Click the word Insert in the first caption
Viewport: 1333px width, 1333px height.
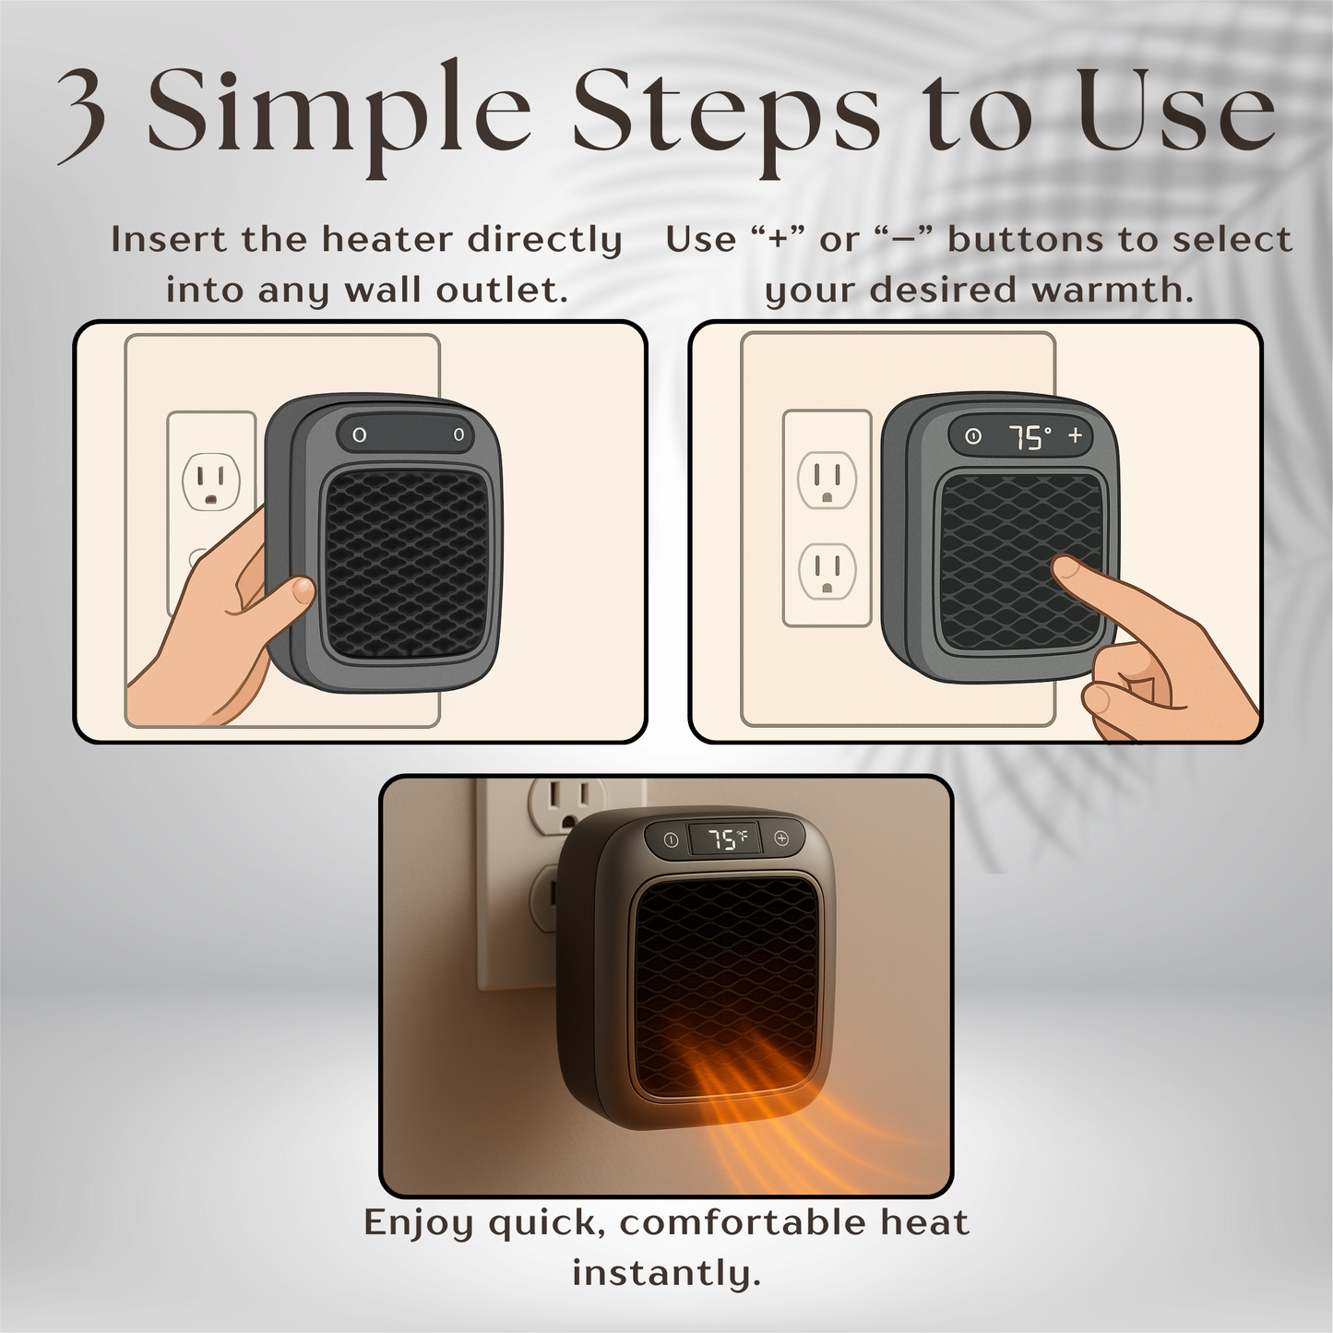(170, 240)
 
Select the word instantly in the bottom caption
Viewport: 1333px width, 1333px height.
(666, 1274)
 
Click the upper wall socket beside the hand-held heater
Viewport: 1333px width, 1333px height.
(211, 482)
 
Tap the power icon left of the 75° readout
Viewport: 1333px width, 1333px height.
(972, 437)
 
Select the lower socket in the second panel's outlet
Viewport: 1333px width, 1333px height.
(827, 572)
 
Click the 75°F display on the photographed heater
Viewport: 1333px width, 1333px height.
(728, 839)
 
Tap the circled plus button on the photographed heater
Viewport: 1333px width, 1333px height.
(781, 839)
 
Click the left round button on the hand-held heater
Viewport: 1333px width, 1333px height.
(360, 434)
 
